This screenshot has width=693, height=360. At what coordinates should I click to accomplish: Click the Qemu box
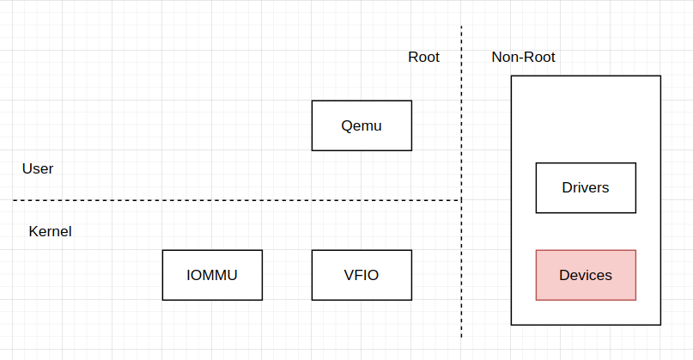pyautogui.click(x=362, y=125)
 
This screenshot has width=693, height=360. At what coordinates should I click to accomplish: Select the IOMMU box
pyautogui.click(x=212, y=275)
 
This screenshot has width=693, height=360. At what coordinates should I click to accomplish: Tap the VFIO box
pyautogui.click(x=362, y=275)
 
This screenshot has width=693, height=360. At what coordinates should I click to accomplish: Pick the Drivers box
pyautogui.click(x=586, y=187)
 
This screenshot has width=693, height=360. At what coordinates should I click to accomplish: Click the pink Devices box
pyautogui.click(x=586, y=275)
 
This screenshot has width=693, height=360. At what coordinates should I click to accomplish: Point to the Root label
pyautogui.click(x=423, y=58)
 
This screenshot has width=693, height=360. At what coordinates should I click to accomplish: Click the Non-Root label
pyautogui.click(x=523, y=58)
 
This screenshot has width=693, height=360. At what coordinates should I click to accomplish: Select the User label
pyautogui.click(x=38, y=169)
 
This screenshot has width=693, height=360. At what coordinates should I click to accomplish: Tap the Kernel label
pyautogui.click(x=50, y=232)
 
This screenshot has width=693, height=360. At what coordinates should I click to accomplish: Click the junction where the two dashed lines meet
pyautogui.click(x=462, y=200)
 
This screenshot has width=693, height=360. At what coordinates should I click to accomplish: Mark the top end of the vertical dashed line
pyautogui.click(x=462, y=27)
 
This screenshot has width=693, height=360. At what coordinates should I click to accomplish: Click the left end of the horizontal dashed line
pyautogui.click(x=14, y=200)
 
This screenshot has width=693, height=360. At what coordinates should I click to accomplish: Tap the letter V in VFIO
pyautogui.click(x=349, y=275)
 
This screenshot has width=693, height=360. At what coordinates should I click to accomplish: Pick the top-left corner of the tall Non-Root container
pyautogui.click(x=512, y=76)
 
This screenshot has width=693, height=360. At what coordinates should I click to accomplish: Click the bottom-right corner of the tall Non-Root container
pyautogui.click(x=660, y=325)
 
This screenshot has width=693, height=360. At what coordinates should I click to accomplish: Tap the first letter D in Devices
pyautogui.click(x=564, y=275)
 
